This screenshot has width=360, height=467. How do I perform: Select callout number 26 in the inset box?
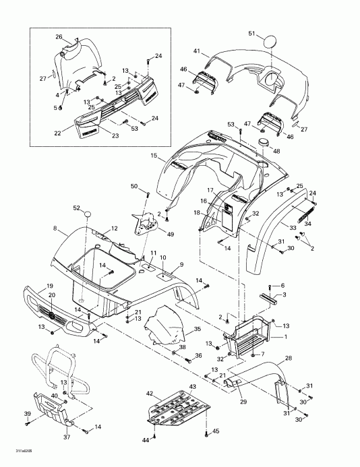(59, 36)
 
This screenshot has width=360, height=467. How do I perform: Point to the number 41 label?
(197, 51)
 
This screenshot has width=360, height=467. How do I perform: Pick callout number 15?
(154, 156)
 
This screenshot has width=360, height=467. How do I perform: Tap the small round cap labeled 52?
(87, 214)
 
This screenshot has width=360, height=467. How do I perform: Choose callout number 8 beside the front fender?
(55, 229)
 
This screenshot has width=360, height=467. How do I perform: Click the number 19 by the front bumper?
(32, 286)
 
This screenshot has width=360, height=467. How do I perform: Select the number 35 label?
(198, 329)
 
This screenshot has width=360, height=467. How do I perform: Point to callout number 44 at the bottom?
(144, 439)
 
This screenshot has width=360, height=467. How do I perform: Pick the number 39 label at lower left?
(27, 413)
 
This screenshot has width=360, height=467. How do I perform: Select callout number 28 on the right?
(289, 358)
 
